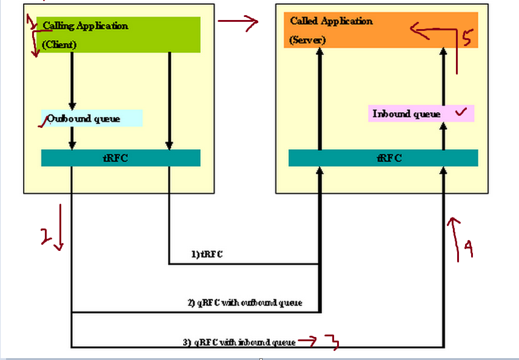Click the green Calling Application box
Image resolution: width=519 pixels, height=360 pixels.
[x=119, y=35]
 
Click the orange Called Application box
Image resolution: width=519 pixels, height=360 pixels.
[x=381, y=30]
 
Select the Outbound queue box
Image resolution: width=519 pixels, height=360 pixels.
[x=92, y=118]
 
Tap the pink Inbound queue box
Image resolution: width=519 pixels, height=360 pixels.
[x=421, y=113]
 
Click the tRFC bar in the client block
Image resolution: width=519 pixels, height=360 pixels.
[x=120, y=158]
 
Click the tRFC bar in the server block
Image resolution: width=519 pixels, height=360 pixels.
[x=383, y=158]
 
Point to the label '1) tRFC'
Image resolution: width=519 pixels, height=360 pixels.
[x=207, y=255]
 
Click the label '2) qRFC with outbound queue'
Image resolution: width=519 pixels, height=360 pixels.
[x=245, y=302]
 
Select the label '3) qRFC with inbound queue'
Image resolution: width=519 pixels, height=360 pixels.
[x=239, y=342]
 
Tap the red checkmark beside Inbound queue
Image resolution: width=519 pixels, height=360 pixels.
[x=461, y=112]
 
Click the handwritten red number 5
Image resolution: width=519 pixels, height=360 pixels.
[x=466, y=38]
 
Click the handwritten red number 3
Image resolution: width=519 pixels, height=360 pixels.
[x=332, y=342]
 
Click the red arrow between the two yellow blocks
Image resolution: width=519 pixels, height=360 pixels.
[x=238, y=23]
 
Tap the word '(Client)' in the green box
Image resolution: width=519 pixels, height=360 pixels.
[x=59, y=44]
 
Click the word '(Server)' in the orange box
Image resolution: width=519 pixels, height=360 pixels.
[x=307, y=40]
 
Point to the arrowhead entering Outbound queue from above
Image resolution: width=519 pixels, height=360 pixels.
[x=72, y=105]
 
